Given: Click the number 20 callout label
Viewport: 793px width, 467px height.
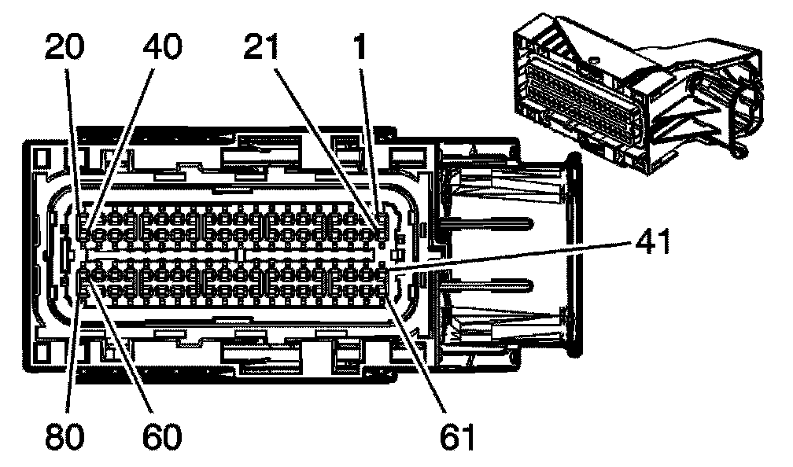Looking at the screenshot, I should (65, 48).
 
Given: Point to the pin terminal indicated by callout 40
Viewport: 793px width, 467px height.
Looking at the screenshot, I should (86, 233).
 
